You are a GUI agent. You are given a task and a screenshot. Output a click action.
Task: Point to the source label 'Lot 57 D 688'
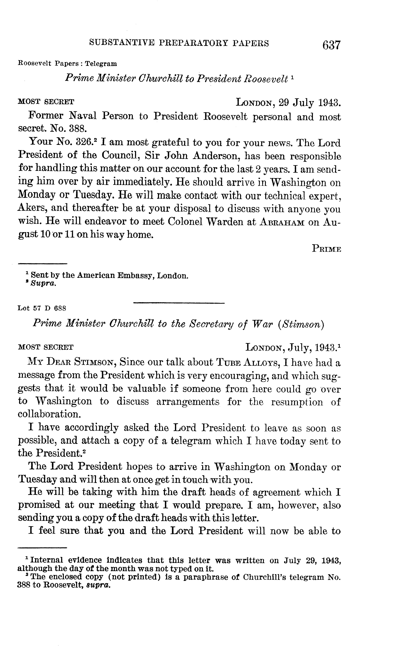click(x=42, y=308)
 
